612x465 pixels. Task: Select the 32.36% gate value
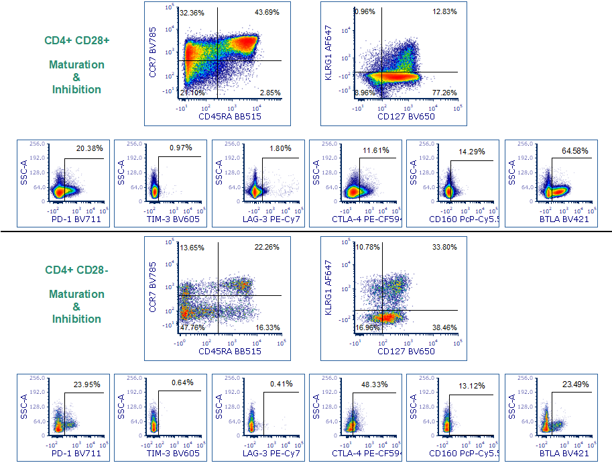point(192,13)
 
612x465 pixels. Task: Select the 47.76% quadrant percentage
point(192,327)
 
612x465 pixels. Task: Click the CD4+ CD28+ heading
point(77,41)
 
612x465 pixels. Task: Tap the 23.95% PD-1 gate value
point(87,385)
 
